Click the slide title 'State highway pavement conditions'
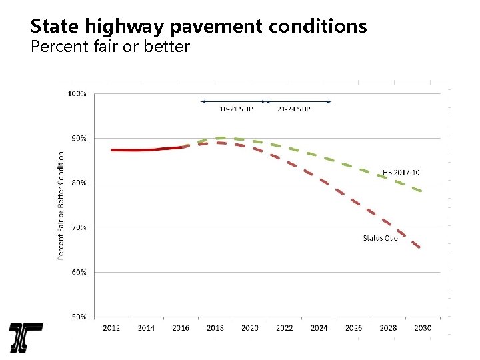199,26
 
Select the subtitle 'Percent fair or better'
110,47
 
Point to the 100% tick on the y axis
77,94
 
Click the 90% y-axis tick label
79,139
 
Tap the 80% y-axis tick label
79,183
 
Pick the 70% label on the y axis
79,227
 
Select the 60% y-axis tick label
79,272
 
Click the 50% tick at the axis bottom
79,317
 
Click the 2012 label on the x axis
111,327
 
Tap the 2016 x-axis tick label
181,327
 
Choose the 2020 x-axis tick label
250,327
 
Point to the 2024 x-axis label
319,327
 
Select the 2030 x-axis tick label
423,327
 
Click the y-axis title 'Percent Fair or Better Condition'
61,205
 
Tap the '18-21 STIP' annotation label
236,109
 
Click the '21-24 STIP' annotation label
294,109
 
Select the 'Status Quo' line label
380,238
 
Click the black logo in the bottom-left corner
26,338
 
